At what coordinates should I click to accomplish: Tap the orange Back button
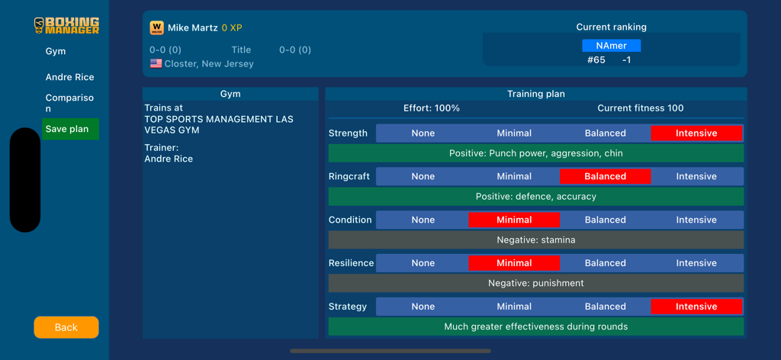click(66, 327)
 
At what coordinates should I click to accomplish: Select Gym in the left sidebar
click(56, 51)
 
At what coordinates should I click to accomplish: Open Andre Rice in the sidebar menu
click(69, 77)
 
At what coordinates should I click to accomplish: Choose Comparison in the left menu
click(69, 103)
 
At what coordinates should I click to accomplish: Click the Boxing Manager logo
click(66, 25)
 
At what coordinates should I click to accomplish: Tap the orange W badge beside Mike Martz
click(156, 27)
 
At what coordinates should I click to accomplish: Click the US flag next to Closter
click(156, 64)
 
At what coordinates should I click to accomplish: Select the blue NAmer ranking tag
click(611, 46)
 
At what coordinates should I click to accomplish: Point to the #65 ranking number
click(596, 59)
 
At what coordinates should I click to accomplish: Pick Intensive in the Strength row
click(696, 133)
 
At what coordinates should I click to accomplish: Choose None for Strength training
click(423, 133)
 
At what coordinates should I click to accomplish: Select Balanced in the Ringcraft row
click(605, 176)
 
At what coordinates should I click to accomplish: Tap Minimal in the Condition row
click(514, 220)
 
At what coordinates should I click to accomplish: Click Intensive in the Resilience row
click(696, 263)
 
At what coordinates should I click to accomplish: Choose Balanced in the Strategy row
click(605, 307)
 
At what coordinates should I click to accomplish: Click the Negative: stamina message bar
click(535, 239)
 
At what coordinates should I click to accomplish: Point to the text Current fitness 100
click(640, 108)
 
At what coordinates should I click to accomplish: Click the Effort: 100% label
click(431, 108)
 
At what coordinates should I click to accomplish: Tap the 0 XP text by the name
click(232, 28)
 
